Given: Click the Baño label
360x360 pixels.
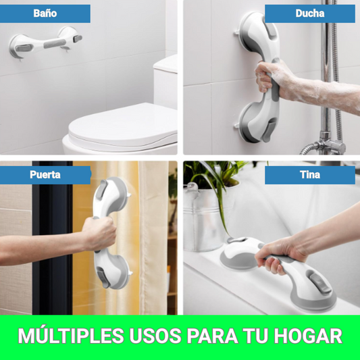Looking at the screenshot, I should click(46, 14).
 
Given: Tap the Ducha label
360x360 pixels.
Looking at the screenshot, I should click(309, 14).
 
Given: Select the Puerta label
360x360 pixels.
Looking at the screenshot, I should click(45, 174).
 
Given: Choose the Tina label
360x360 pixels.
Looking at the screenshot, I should click(310, 175).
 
